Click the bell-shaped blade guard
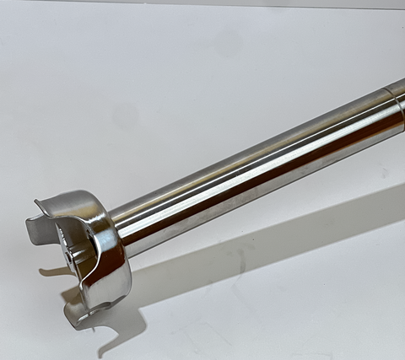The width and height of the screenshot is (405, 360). (x=84, y=249)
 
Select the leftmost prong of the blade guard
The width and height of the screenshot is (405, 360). (x=35, y=228)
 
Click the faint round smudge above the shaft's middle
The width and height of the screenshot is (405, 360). (x=228, y=42)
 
